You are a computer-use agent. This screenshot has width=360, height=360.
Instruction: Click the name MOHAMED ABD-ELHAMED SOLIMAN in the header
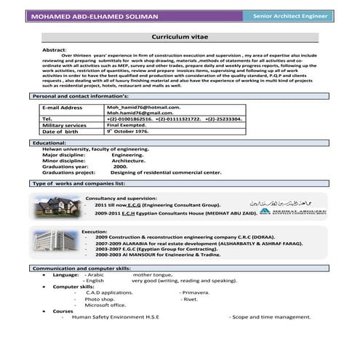(100, 17)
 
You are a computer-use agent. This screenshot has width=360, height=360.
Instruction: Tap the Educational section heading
(49, 143)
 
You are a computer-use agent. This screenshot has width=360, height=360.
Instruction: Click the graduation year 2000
(121, 167)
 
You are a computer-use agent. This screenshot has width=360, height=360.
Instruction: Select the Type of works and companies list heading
(79, 183)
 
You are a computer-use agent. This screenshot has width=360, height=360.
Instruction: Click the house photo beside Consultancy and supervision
(57, 207)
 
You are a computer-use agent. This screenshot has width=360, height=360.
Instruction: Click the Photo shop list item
(100, 299)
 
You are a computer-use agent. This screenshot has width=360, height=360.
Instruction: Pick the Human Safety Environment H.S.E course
(116, 317)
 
